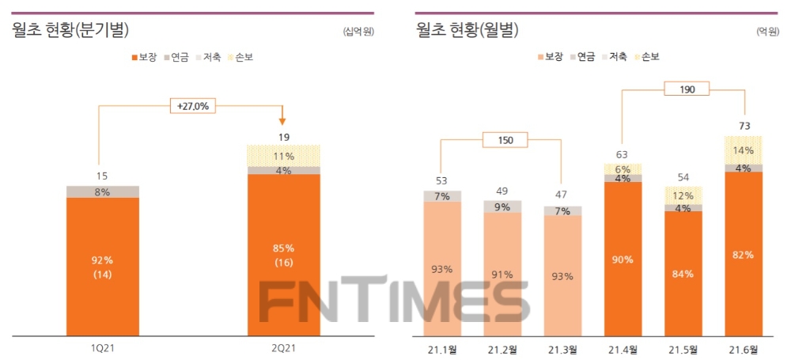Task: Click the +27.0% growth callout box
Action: point(192,104)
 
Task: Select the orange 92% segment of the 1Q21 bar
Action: point(103,265)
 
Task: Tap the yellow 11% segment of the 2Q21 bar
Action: point(284,156)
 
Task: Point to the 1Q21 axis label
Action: point(103,348)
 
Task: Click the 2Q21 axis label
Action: point(284,348)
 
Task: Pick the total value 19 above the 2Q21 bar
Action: point(284,137)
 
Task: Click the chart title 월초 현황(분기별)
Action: point(70,31)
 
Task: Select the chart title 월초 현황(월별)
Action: point(467,31)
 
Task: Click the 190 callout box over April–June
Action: point(684,89)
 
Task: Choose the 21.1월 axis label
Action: point(442,348)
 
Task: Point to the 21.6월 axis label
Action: point(744,348)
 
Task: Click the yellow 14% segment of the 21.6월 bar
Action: point(744,150)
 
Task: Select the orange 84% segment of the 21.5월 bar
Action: point(683,273)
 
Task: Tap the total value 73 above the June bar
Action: point(744,126)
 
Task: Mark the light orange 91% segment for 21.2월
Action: point(502,274)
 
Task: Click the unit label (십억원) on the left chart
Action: point(358,32)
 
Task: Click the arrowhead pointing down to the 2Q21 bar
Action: point(282,120)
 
